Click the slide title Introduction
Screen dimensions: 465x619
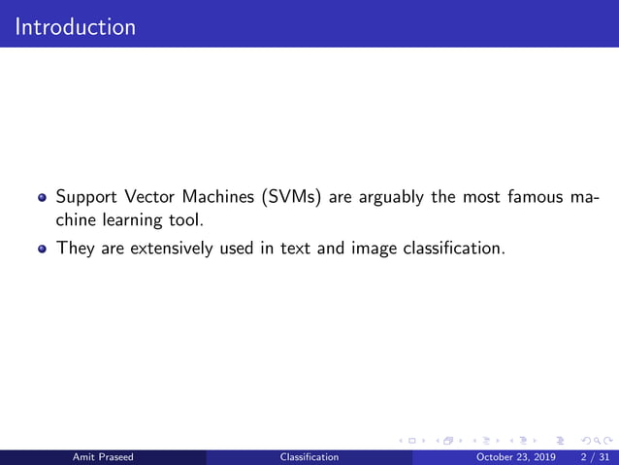coord(76,26)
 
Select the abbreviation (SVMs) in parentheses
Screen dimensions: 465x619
coord(293,198)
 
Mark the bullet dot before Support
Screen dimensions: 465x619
coord(42,199)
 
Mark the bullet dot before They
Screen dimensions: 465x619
coord(42,249)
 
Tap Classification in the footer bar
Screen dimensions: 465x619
coord(309,456)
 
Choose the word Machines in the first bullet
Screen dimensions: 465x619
coord(222,198)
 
